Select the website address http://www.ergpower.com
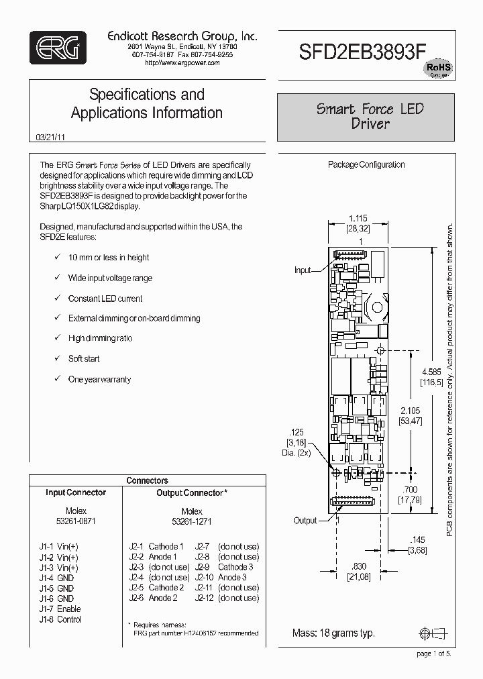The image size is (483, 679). (x=182, y=62)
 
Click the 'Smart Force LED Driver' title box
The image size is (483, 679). (x=370, y=116)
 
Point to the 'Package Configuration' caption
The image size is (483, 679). (x=366, y=164)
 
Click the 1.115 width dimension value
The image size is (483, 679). (x=358, y=218)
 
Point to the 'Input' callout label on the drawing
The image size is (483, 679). (x=303, y=270)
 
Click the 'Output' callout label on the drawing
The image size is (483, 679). (x=306, y=520)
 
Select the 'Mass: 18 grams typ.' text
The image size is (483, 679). (x=333, y=633)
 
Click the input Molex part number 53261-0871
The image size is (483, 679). (x=76, y=521)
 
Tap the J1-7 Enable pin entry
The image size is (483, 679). (x=60, y=609)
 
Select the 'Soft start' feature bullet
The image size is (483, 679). (x=83, y=359)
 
